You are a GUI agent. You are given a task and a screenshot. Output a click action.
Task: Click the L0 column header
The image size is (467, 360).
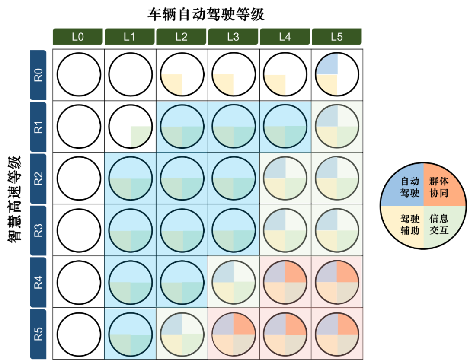point(77,37)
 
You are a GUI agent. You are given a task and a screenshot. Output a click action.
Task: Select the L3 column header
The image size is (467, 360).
point(233,37)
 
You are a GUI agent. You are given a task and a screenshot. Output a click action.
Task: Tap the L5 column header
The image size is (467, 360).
point(336,37)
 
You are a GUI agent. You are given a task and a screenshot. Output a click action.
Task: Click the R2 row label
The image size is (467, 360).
point(38,178)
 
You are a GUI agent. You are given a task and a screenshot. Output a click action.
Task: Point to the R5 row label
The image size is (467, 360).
point(38,334)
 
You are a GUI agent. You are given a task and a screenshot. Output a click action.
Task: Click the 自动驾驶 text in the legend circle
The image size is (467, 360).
point(409,187)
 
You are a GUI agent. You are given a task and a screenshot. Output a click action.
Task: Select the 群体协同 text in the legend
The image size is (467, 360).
point(438,187)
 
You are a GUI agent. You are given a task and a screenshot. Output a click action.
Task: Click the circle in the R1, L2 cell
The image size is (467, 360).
point(182,127)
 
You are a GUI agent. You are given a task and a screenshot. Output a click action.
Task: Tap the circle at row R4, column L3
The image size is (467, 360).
point(233,282)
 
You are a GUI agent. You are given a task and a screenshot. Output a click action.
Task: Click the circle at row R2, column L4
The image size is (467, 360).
point(285,178)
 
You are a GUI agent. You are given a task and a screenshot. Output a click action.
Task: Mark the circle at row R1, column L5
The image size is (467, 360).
point(337,127)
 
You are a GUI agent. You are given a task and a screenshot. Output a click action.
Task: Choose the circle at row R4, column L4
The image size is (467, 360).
point(285,282)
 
